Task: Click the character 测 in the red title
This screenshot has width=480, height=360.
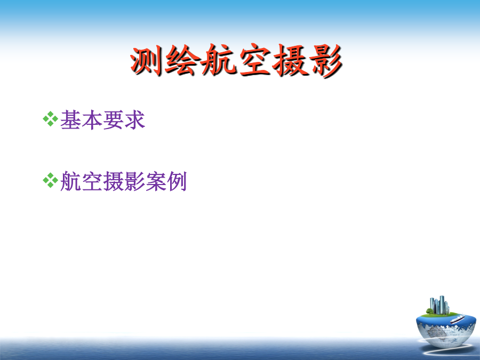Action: click(147, 60)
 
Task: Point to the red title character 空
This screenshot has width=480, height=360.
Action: click(255, 60)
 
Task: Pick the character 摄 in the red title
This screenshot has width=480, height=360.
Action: click(290, 60)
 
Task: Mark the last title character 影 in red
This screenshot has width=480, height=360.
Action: click(326, 60)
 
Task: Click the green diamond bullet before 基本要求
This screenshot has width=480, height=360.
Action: click(51, 119)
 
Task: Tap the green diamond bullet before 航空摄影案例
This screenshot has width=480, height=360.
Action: click(51, 180)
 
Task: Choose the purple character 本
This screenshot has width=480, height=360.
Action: click(92, 120)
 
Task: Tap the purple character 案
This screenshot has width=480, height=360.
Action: click(156, 181)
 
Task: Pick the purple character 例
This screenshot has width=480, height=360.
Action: click(177, 181)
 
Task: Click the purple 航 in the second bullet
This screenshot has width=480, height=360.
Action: click(71, 181)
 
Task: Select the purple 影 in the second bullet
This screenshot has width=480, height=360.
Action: click(134, 181)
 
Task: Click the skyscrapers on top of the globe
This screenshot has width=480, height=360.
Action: click(439, 305)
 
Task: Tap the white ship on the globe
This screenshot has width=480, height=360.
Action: click(458, 319)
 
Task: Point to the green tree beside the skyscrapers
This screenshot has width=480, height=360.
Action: click(429, 311)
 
